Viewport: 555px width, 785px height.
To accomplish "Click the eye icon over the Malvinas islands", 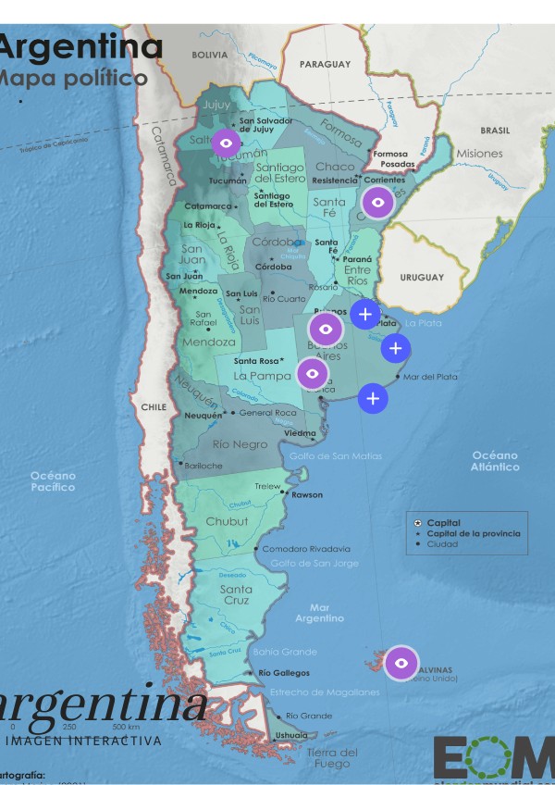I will (401, 663).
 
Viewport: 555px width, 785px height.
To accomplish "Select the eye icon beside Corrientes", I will (377, 202).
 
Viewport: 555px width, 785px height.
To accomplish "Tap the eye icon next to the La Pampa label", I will (313, 373).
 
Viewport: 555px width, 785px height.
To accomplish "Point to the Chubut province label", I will (227, 521).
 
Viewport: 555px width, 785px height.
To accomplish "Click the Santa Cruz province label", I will (236, 594).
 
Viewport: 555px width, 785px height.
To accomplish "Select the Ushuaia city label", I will (291, 735).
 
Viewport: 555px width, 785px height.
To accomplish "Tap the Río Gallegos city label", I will (284, 673).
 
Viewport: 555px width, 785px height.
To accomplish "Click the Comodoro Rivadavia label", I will (306, 549).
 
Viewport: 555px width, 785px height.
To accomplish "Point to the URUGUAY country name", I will (422, 278).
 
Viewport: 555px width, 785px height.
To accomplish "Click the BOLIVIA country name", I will (209, 55).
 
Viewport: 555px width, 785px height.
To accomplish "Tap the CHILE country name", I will (153, 406).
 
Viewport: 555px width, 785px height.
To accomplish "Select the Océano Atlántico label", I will (495, 461).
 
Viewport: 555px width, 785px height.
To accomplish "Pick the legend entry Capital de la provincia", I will (473, 533).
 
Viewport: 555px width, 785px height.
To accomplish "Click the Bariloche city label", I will (203, 466).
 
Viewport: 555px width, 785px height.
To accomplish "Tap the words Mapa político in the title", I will (74, 78).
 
